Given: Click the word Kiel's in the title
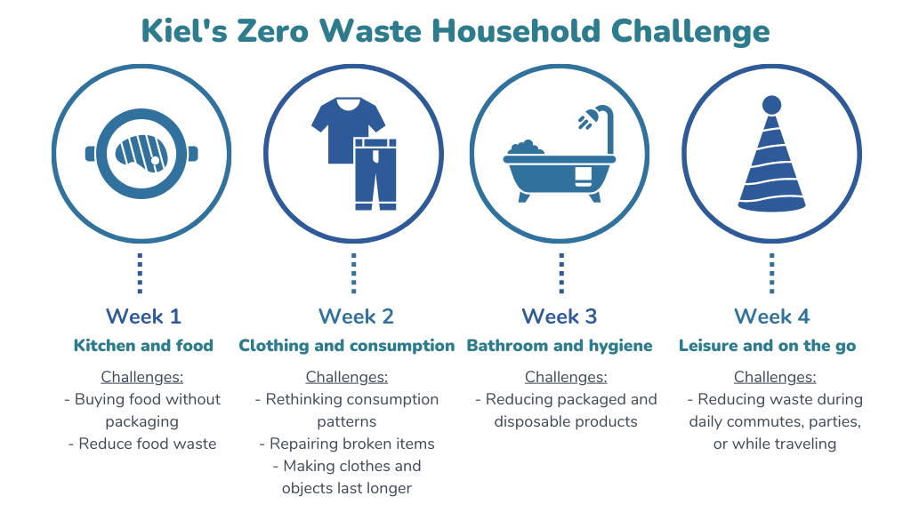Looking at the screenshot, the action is tap(184, 31).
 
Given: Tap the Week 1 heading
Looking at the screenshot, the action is tap(143, 316).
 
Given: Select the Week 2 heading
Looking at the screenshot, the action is tap(356, 316).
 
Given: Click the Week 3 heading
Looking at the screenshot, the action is tap(560, 316).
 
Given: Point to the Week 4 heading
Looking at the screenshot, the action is tap(772, 316).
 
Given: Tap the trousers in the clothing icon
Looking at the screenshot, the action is tap(375, 174).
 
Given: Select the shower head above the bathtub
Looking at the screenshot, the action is tap(585, 119).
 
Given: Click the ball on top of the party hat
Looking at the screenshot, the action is tap(771, 105).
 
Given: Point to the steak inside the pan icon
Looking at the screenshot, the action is tap(141, 154).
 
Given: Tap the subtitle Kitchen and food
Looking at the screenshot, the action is tap(143, 346).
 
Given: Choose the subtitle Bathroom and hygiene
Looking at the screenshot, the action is tap(560, 346).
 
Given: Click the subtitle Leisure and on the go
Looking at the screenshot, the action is tap(768, 346).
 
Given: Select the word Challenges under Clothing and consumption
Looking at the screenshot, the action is tap(347, 377).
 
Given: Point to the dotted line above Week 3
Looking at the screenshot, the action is tap(561, 273).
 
